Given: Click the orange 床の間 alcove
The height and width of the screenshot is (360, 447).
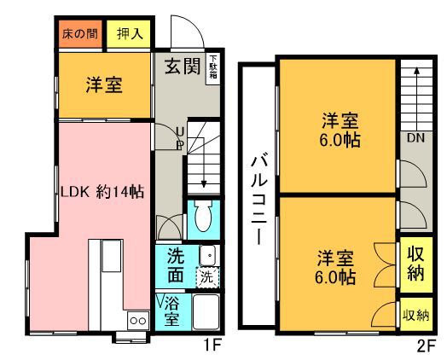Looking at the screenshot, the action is [80, 34].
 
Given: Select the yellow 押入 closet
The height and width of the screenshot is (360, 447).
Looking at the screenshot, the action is [129, 34].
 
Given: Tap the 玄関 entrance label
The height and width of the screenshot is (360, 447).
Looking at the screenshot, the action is [183, 67].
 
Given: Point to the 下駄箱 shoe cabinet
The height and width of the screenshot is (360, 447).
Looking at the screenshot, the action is [213, 69].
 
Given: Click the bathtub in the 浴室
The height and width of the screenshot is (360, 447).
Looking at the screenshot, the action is [206, 312].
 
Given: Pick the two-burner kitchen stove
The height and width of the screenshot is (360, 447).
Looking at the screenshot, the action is [138, 321].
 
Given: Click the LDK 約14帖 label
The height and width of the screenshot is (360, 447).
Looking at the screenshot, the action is [102, 192].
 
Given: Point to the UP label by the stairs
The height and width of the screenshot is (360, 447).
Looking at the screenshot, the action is [180, 139].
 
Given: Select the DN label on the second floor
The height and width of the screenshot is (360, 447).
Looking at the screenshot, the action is [415, 138].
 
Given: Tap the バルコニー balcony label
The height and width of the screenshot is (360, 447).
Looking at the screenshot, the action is [258, 199].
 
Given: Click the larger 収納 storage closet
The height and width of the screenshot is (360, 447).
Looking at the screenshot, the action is [416, 264].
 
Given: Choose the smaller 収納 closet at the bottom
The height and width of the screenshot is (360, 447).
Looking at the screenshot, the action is [416, 315].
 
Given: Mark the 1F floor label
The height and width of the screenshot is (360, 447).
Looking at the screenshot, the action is [212, 346].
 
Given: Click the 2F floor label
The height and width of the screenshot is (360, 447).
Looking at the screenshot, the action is [427, 346].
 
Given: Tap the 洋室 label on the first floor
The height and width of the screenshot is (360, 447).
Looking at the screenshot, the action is [104, 85].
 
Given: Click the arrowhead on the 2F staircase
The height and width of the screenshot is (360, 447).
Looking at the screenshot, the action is [416, 71].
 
